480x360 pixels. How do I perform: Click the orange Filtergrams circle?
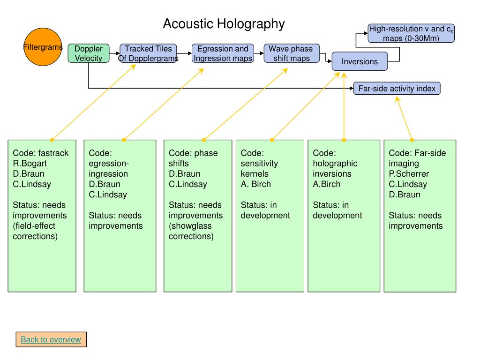click(43, 47)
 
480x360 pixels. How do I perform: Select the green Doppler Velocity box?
click(89, 53)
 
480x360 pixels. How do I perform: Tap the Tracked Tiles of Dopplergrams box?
click(148, 53)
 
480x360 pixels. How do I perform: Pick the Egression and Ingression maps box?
click(223, 53)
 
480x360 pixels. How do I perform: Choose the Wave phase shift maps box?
click(292, 53)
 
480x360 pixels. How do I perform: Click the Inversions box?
click(360, 61)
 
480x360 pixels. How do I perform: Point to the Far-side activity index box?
click(397, 89)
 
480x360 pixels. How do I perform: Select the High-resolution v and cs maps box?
click(411, 33)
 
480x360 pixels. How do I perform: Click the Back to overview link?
click(51, 339)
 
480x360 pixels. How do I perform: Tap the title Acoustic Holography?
click(224, 23)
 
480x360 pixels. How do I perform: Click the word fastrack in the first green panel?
click(53, 153)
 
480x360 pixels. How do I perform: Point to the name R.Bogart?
click(30, 164)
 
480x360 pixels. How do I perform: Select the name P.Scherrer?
click(409, 174)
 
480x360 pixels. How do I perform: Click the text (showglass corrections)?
click(191, 231)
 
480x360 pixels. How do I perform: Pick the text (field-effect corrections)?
click(35, 231)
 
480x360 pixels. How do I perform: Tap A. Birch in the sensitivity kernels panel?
click(255, 184)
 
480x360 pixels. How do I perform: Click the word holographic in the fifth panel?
click(335, 164)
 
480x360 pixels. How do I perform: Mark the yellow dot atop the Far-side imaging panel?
click(412, 140)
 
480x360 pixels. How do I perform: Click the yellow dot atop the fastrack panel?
click(52, 140)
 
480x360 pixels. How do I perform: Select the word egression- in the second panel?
click(109, 164)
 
